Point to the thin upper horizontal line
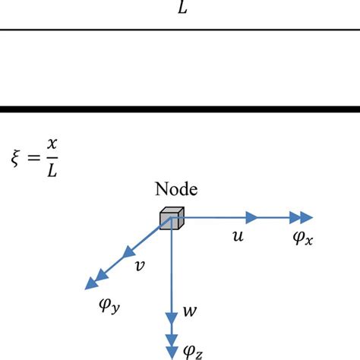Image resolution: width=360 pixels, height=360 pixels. pyautogui.click(x=180, y=30)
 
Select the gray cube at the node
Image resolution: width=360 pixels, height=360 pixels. pyautogui.click(x=169, y=219)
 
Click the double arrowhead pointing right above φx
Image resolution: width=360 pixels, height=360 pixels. pyautogui.click(x=303, y=216)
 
